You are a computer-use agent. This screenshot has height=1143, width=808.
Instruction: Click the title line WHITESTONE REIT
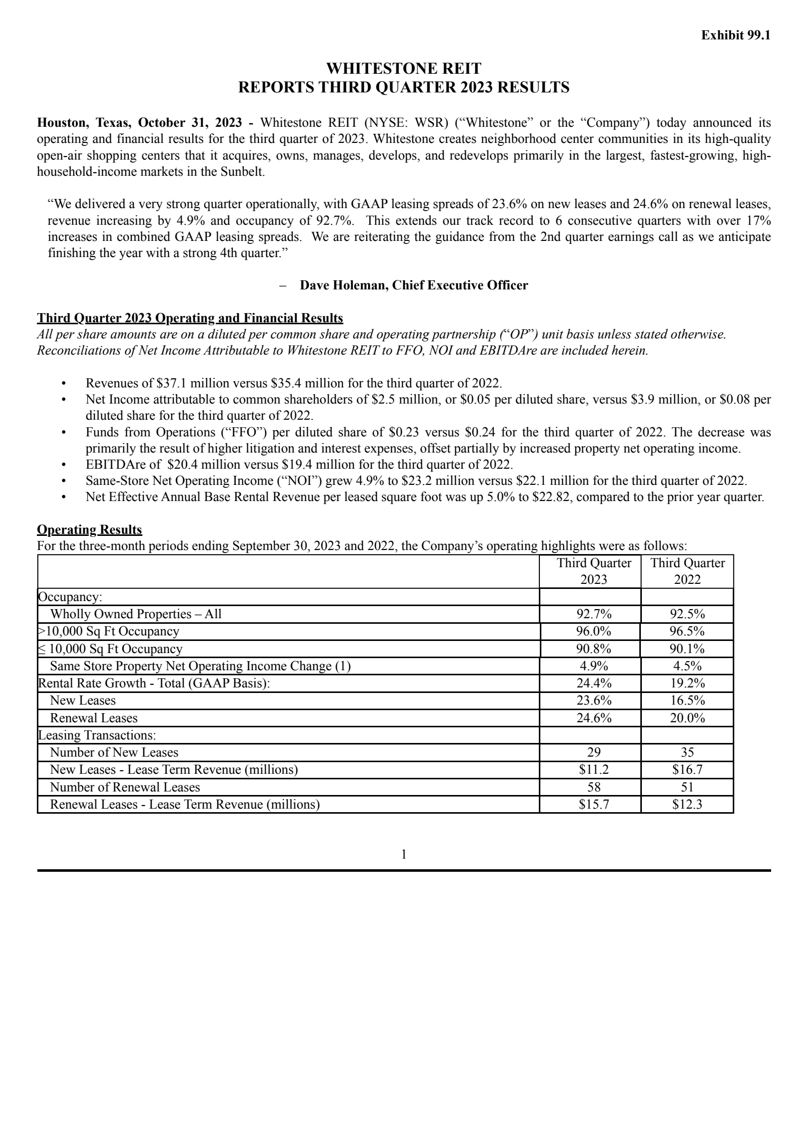click(x=403, y=68)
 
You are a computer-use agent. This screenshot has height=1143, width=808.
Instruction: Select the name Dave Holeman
click(x=344, y=285)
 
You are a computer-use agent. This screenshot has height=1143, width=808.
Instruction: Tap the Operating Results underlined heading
click(x=89, y=530)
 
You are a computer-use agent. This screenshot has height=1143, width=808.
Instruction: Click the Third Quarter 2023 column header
click(x=593, y=571)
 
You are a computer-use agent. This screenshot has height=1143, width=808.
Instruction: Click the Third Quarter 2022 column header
click(x=687, y=571)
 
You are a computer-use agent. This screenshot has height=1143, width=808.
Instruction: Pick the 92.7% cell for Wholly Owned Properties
click(x=593, y=614)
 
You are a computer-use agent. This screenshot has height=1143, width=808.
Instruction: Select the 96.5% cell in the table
click(x=687, y=631)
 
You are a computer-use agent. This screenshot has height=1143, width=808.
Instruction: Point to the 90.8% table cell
click(x=593, y=649)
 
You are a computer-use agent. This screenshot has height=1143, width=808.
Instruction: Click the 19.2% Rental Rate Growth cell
click(x=687, y=683)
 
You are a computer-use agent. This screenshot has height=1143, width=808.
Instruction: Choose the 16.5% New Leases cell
click(x=687, y=701)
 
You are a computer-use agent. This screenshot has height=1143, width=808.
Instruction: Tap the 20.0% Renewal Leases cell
click(x=687, y=718)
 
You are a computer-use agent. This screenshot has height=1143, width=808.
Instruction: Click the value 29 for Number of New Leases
click(x=593, y=753)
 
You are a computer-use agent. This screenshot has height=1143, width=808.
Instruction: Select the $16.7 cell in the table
click(x=687, y=770)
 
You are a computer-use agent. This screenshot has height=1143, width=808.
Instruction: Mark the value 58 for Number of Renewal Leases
click(x=593, y=787)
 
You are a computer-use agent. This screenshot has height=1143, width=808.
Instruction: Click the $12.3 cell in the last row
click(x=687, y=805)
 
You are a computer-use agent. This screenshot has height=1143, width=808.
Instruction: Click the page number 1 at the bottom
click(x=404, y=854)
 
